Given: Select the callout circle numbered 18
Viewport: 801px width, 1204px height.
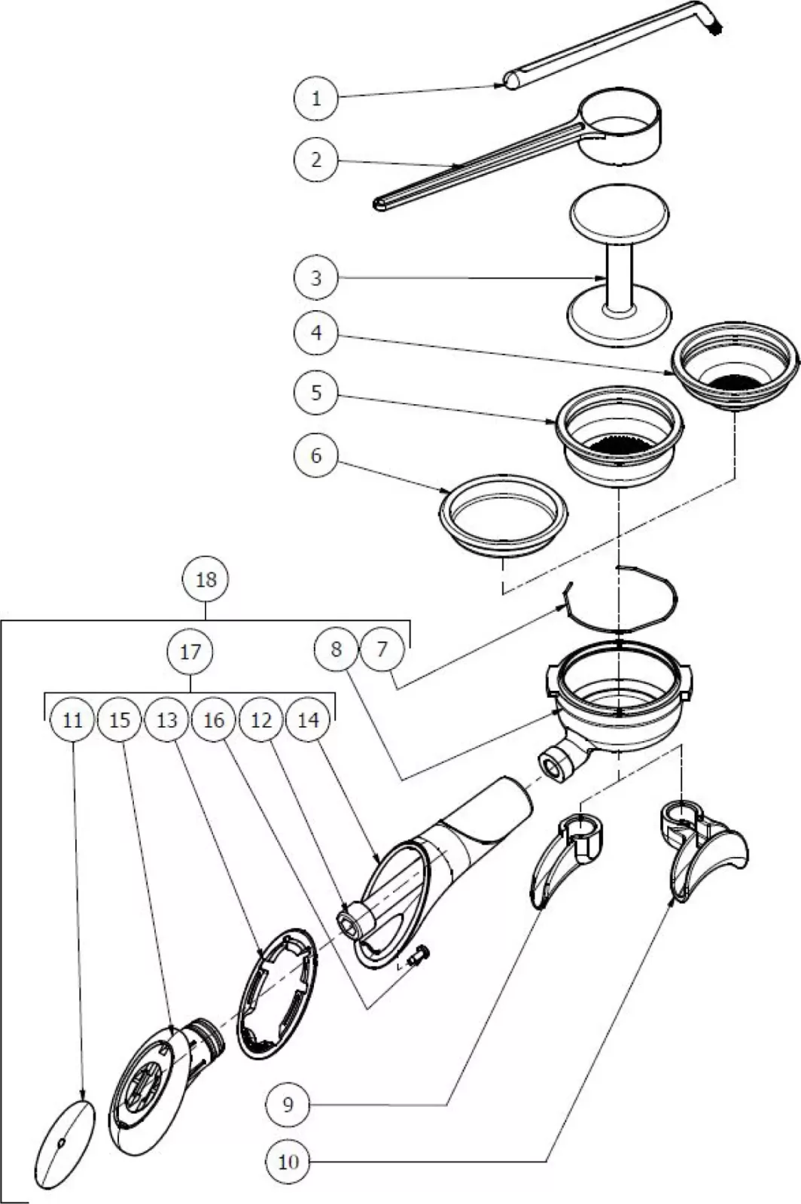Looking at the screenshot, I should [206, 579].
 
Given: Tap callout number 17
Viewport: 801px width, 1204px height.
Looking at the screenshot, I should [190, 651].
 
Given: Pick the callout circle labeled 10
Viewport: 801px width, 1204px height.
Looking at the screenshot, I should [288, 1161].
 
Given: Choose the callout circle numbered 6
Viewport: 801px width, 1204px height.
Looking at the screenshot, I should [316, 455].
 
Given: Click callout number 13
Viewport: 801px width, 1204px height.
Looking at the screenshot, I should [167, 720].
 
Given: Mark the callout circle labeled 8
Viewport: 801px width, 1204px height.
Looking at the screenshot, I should [336, 649].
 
